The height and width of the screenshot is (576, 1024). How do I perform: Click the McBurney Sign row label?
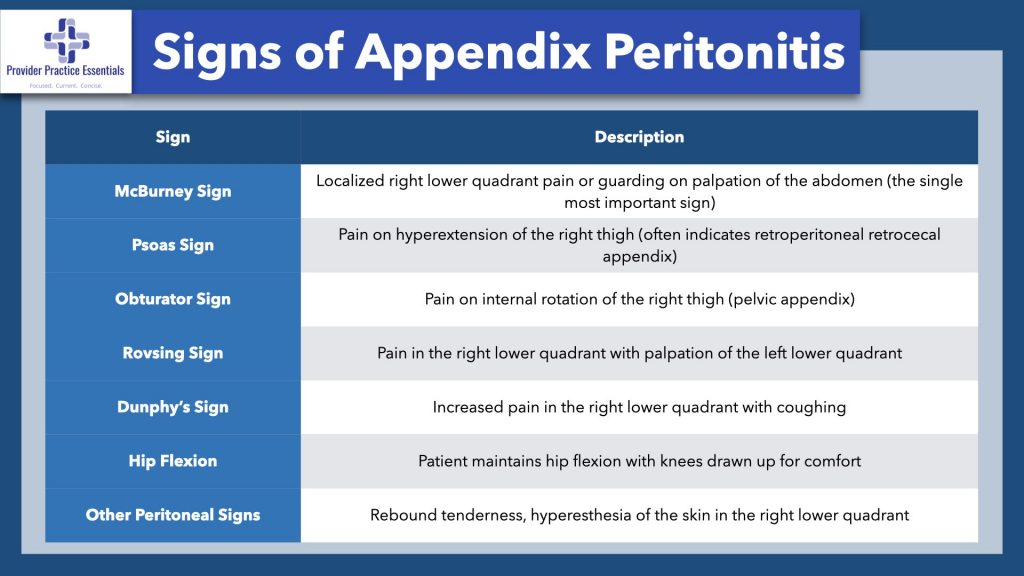(172, 191)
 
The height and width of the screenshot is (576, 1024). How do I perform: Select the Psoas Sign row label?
(172, 245)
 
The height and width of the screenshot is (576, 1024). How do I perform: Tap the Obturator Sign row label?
(172, 299)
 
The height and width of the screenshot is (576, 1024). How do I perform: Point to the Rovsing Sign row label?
(172, 353)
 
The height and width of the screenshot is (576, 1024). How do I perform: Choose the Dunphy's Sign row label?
(172, 407)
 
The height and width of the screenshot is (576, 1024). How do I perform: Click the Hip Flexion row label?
(172, 461)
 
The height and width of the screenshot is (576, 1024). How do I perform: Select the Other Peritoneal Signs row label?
(172, 515)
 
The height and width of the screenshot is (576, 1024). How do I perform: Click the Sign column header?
(172, 137)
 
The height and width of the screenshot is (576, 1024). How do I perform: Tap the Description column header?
(639, 137)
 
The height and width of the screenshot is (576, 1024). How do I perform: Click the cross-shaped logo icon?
(66, 41)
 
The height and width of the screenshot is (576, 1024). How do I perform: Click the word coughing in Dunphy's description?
(812, 407)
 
